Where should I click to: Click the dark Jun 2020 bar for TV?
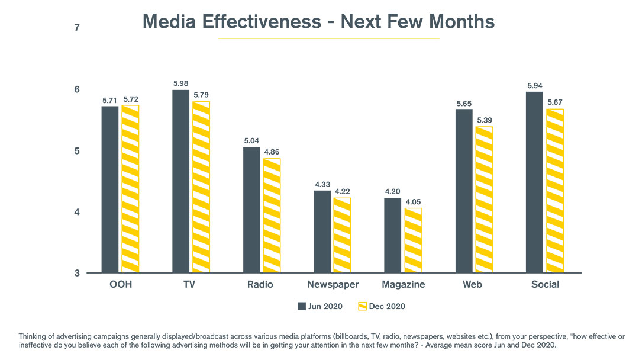(x=180, y=181)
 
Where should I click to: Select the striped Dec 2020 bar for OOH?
(x=130, y=189)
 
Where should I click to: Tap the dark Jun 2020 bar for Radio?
(x=251, y=210)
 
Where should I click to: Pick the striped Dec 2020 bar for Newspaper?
(x=342, y=235)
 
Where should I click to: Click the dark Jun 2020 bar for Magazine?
(x=392, y=235)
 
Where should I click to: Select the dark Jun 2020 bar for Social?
(x=534, y=182)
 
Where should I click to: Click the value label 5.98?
(x=180, y=83)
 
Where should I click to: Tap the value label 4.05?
(x=413, y=202)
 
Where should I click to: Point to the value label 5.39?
(x=483, y=120)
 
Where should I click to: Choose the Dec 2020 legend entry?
(x=382, y=306)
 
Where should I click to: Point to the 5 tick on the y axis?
(x=77, y=151)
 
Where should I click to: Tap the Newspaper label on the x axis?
(x=333, y=285)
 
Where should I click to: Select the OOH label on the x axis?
(x=120, y=285)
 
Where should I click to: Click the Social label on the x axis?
(x=545, y=285)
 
